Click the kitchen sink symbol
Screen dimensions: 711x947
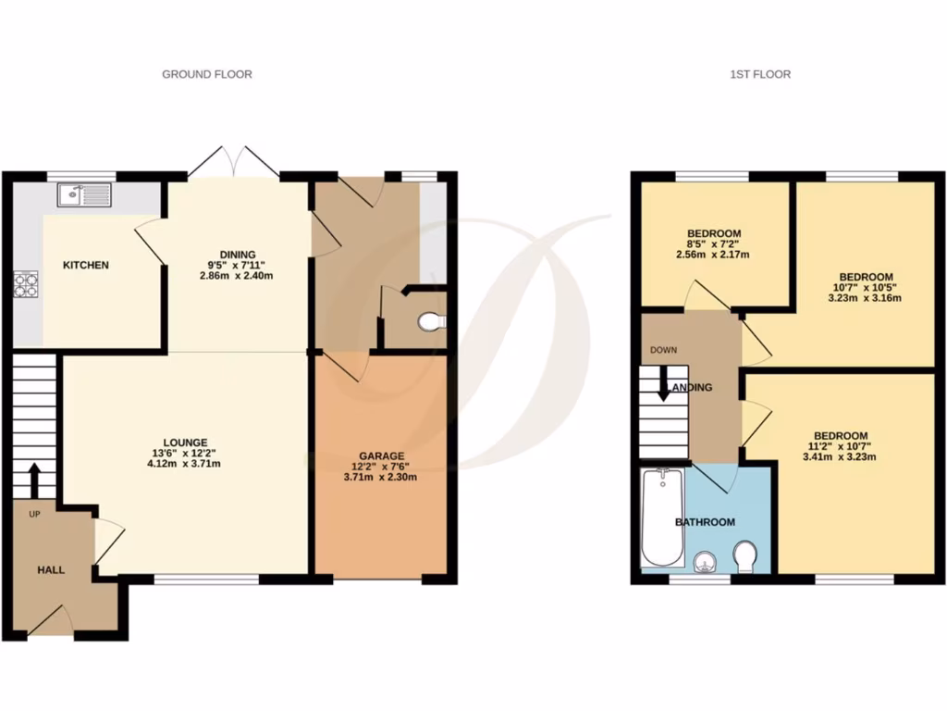click(x=84, y=194)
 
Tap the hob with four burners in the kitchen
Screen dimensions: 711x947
click(x=25, y=283)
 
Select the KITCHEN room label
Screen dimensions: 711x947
click(x=85, y=266)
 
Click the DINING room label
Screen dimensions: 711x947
click(x=237, y=255)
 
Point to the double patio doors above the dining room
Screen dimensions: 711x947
click(x=234, y=162)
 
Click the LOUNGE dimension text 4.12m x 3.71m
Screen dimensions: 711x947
click(x=185, y=465)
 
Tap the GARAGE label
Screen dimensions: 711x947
click(x=382, y=455)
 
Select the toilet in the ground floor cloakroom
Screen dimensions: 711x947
click(x=430, y=321)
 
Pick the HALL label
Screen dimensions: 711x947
click(x=51, y=570)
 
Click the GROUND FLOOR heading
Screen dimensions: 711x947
click(x=207, y=74)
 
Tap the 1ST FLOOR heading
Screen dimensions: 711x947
click(x=760, y=74)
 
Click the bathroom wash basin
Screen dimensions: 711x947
click(x=705, y=560)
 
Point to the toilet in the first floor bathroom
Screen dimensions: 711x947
click(x=744, y=557)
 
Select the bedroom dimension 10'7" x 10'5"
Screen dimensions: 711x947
click(x=866, y=287)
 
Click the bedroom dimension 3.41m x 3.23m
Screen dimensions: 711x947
click(x=840, y=456)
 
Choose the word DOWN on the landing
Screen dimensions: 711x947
click(x=664, y=350)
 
